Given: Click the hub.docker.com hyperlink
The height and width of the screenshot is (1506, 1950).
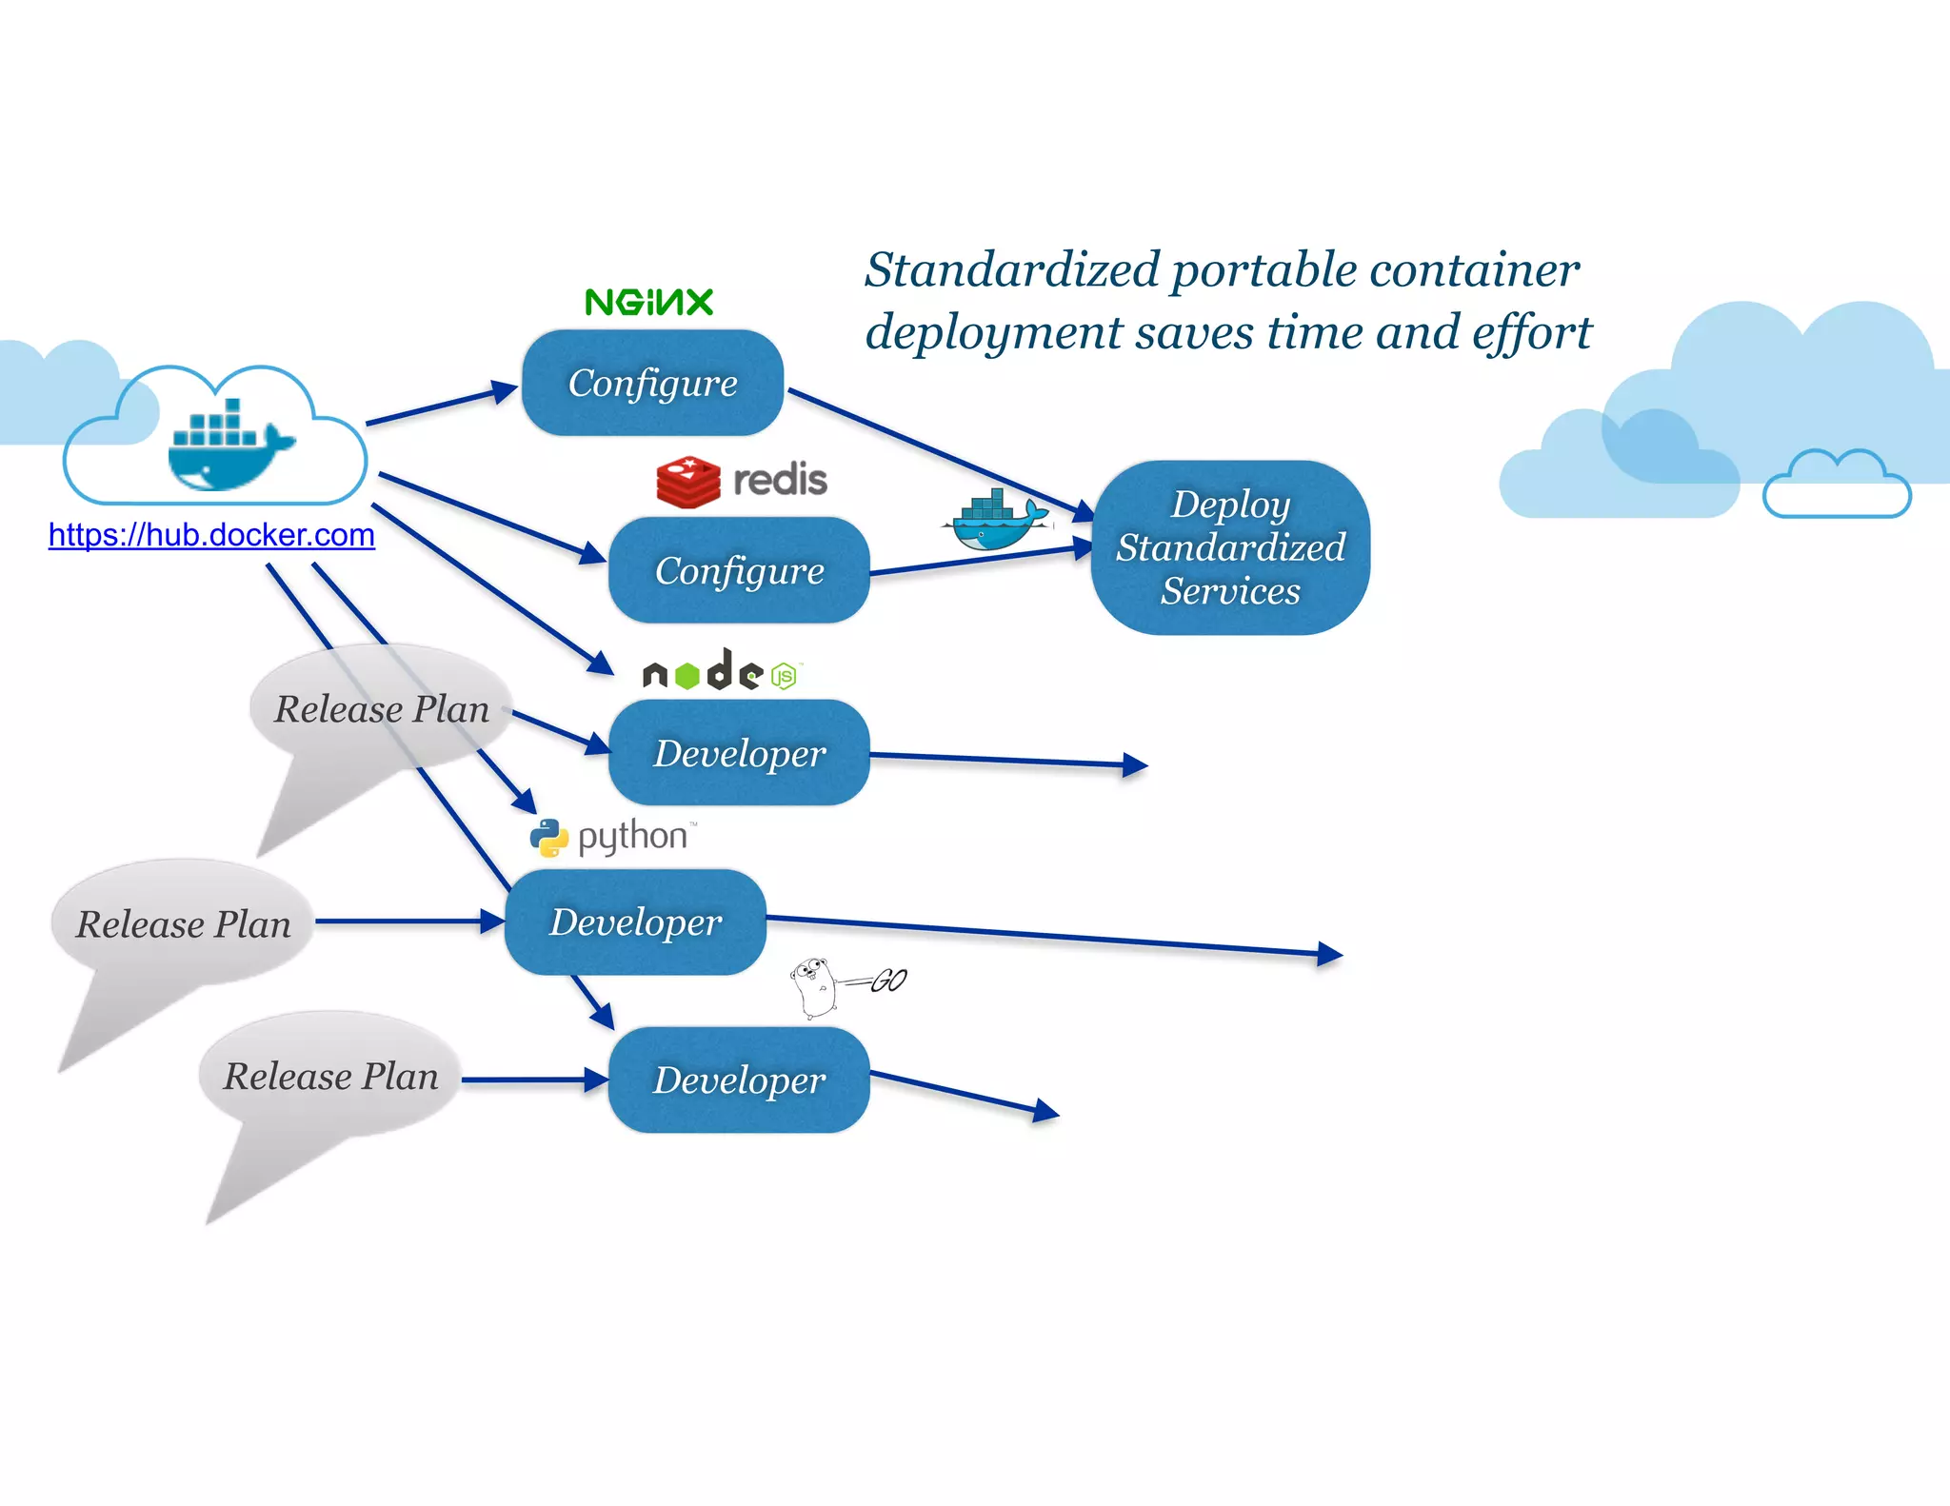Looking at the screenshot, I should [x=211, y=535].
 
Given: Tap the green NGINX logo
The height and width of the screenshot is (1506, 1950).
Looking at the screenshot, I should [x=649, y=303].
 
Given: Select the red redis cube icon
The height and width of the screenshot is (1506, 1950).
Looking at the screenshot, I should [x=687, y=482].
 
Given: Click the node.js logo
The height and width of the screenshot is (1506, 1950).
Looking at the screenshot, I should [x=721, y=672].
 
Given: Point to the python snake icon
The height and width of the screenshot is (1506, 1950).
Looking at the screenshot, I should [x=549, y=838].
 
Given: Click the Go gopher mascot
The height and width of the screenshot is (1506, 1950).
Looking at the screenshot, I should [x=814, y=987].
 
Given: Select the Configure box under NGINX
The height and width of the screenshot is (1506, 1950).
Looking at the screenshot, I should [x=652, y=383].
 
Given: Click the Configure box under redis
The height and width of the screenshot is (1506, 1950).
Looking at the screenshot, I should [x=739, y=570].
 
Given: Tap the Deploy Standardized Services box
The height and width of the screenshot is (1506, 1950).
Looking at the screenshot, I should [x=1230, y=547].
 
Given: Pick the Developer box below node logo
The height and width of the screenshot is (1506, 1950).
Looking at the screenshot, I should [x=739, y=753].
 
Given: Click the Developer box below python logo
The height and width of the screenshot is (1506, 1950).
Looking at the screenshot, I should [x=635, y=921].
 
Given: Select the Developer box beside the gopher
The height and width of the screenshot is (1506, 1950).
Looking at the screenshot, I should [x=739, y=1080].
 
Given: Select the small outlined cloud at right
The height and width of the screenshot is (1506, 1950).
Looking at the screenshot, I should [x=1837, y=486].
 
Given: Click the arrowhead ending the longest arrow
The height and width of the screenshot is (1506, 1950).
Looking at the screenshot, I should [x=1331, y=954].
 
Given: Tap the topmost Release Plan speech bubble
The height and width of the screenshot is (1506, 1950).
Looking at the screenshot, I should [x=381, y=709].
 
